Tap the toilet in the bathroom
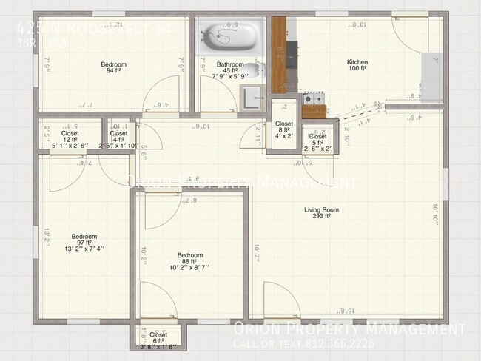252,72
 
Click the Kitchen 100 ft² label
358,66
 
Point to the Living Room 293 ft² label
321,213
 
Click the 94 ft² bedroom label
113,69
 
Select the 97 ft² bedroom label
83,242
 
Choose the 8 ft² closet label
284,129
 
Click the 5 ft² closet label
317,141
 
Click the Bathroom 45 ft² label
230,69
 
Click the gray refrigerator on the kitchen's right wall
430,73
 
